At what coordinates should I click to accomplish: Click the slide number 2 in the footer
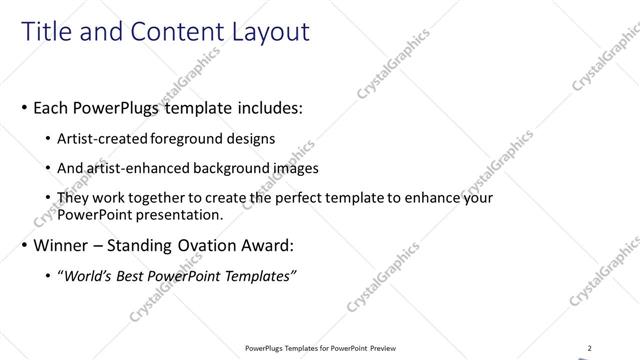[589, 348]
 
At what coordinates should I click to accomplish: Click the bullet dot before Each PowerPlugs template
[24, 106]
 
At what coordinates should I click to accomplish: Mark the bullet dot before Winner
[24, 245]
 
